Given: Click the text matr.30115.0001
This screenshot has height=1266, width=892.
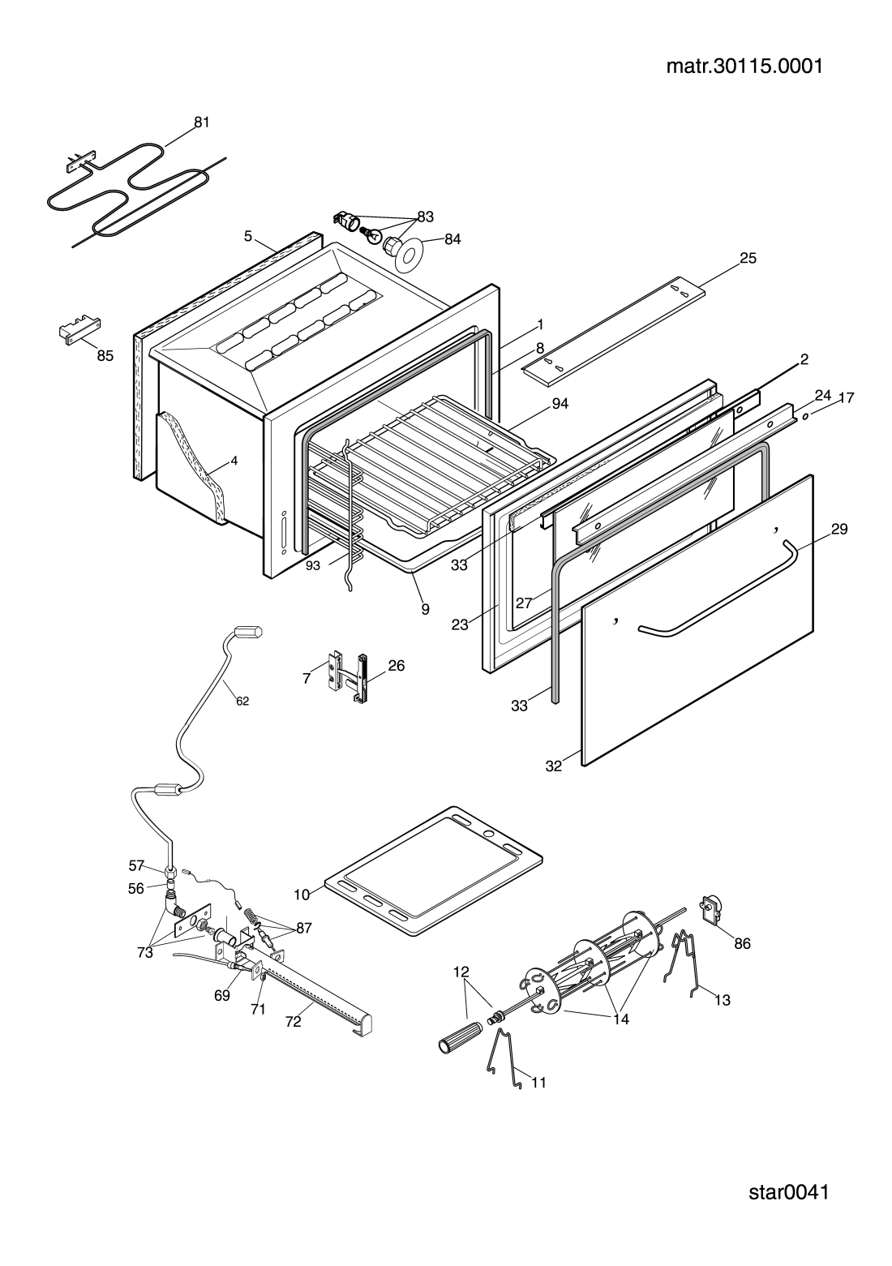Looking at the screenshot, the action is coord(744,67).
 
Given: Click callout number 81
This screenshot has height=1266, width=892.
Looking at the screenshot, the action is coord(202,122).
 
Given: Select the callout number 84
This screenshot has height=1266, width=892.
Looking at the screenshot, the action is coord(452,239).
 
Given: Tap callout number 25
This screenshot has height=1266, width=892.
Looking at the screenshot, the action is coord(748,258).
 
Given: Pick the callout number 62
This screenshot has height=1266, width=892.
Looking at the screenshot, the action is coord(242,702).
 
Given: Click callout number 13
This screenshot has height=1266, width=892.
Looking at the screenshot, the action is coord(723,1000).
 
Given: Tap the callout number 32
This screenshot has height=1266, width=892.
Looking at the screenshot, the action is coord(554,766).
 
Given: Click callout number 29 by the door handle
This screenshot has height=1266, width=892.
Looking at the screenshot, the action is coord(839,529).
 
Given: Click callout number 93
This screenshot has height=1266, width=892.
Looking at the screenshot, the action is coord(312,565).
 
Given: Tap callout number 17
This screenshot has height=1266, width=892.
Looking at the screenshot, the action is coord(847,398).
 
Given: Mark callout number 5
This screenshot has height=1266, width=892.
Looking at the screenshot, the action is coord(248,236).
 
